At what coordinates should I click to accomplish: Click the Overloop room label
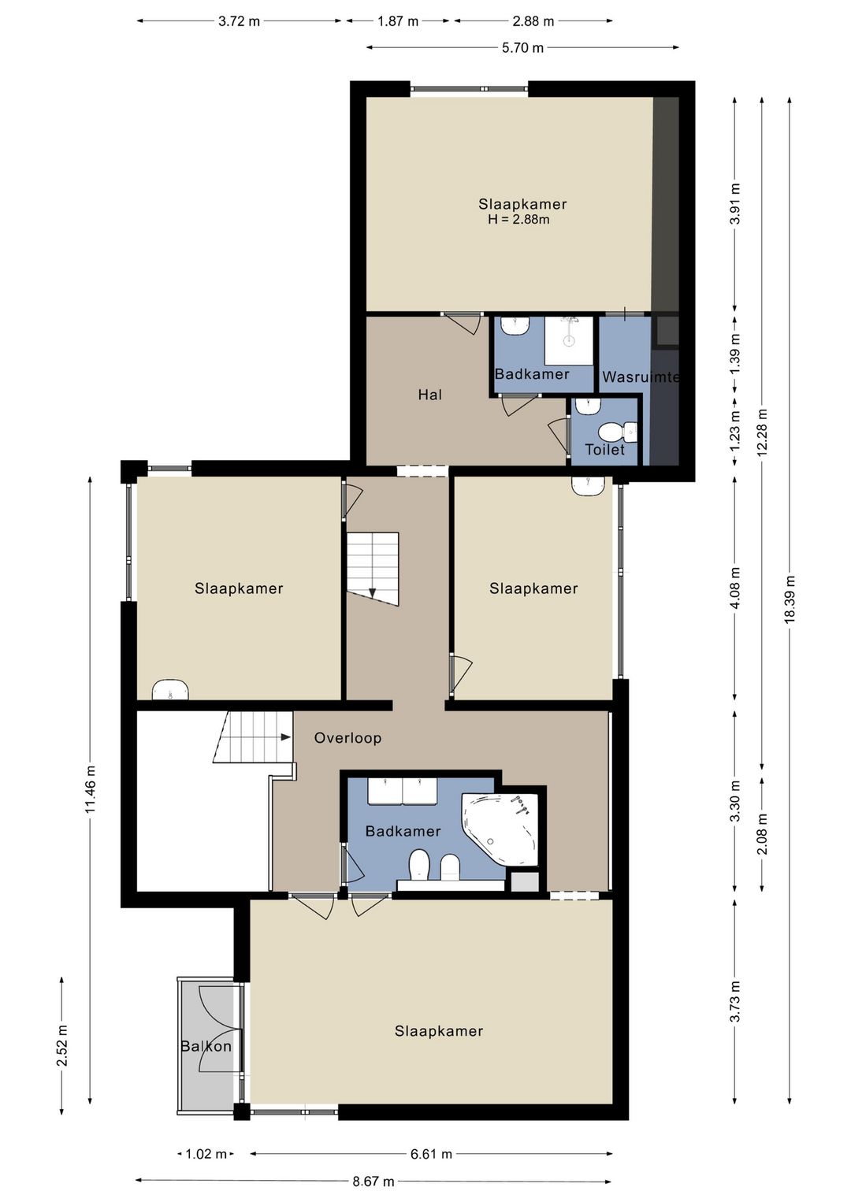coord(347,738)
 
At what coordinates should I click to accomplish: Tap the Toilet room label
coord(604,449)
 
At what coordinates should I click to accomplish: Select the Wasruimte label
coord(641,377)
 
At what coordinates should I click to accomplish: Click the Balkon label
coord(206,1046)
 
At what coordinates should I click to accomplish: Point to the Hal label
coord(430,395)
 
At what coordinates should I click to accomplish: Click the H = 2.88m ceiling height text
coord(518,219)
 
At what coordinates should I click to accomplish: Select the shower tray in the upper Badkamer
coord(569,341)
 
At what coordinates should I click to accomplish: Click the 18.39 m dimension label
coord(789,599)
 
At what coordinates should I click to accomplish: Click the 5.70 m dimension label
coord(522,48)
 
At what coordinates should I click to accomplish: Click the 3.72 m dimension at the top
coord(239,21)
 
